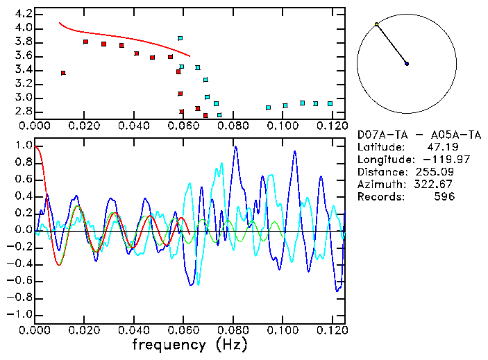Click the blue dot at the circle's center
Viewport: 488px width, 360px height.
(x=407, y=64)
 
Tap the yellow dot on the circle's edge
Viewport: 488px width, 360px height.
(x=376, y=24)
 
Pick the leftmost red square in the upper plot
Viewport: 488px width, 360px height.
(x=63, y=73)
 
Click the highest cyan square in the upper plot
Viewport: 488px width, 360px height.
(x=180, y=38)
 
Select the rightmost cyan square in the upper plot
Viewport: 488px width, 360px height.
(x=330, y=103)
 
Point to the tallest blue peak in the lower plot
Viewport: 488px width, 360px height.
(x=235, y=147)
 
